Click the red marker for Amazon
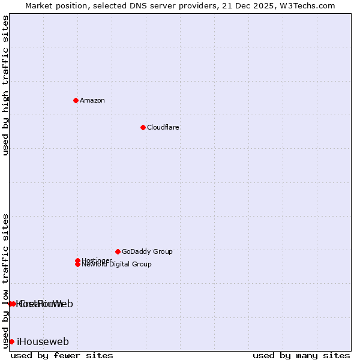coord(76,100)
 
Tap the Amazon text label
coord(92,100)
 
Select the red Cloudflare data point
coord(143,127)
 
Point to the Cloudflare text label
coord(163,127)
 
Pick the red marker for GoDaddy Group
coord(118,251)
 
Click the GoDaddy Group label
coord(147,251)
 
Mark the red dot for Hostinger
coord(77,260)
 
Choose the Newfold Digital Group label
coord(116,265)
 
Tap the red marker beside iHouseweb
coord(11,341)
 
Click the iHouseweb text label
coord(43,341)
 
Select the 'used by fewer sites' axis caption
coord(62,355)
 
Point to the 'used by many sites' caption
coord(301,355)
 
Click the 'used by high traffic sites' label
coord(6,85)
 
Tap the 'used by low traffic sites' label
coord(6,280)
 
